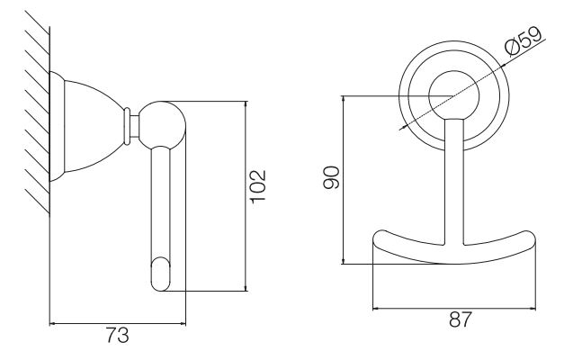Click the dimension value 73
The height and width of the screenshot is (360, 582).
click(x=118, y=335)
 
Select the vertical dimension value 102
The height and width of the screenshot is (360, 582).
click(x=259, y=186)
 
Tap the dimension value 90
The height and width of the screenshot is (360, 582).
click(x=331, y=177)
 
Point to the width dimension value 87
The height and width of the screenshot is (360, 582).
click(x=461, y=319)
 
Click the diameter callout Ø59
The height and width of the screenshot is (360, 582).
click(x=524, y=40)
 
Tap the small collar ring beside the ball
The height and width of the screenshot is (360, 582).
click(x=127, y=126)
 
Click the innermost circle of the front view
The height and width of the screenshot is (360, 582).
click(x=453, y=70)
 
